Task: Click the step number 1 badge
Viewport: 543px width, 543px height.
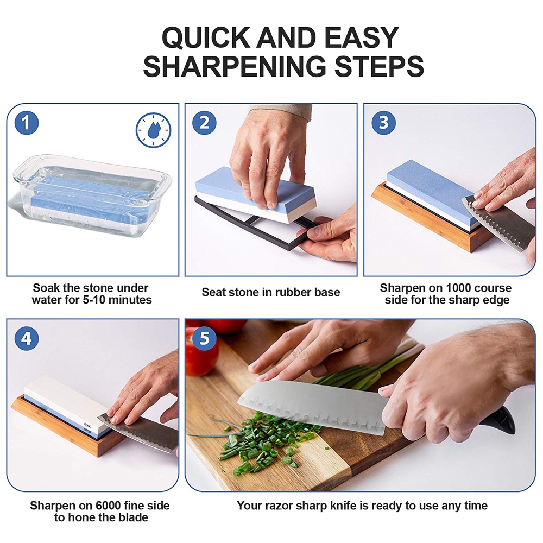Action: tap(26, 123)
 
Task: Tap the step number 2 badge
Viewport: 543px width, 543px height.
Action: tap(204, 123)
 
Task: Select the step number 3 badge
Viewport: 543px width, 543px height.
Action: tap(383, 123)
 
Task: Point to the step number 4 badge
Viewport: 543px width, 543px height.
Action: tap(26, 338)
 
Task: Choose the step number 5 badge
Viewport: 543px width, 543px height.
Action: tap(204, 338)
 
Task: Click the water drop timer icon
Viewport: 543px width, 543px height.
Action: tap(154, 130)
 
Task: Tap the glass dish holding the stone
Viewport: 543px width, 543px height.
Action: tap(91, 195)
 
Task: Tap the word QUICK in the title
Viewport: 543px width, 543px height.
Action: tap(206, 38)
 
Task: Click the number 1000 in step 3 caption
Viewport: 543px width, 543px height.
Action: tap(458, 288)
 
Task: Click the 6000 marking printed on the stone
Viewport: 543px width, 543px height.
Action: tap(87, 425)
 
